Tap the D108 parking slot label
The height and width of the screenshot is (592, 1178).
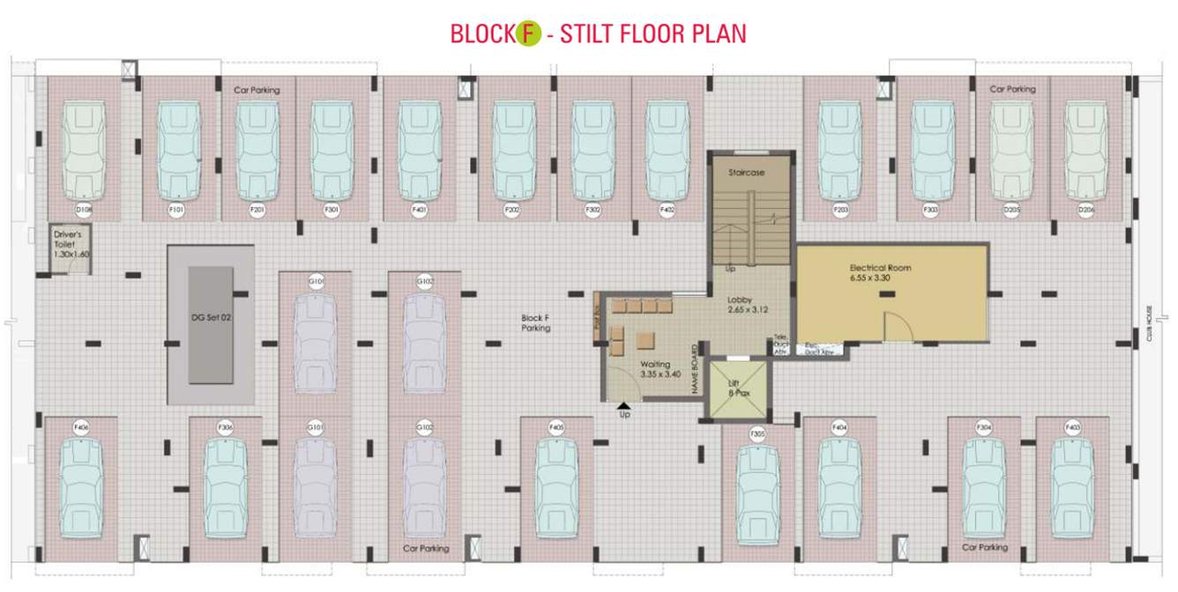84,210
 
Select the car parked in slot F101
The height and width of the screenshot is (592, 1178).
179,150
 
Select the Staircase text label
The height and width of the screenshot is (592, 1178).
746,173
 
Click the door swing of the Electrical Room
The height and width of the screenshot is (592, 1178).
896,326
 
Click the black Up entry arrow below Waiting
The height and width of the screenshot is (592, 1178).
624,405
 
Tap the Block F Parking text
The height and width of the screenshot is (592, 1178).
535,322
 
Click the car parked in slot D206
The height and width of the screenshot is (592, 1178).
1085,150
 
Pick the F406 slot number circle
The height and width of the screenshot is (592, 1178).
81,427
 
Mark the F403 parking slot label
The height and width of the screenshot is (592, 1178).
1072,427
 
